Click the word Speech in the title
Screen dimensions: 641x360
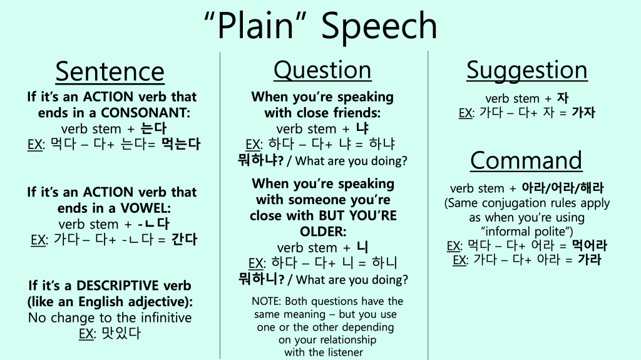379,26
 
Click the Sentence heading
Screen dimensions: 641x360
110,71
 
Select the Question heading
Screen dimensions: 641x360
322,70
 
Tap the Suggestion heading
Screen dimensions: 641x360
527,70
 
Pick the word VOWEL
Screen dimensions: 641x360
145,208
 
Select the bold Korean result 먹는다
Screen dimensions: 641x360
181,144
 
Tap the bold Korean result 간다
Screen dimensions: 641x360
185,239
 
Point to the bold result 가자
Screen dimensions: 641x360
583,112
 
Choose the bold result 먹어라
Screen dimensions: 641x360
590,245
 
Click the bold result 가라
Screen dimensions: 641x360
590,259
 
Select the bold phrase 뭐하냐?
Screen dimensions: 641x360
261,160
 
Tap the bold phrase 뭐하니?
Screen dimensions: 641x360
261,279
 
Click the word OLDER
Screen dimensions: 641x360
323,232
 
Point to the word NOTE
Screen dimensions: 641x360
266,302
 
